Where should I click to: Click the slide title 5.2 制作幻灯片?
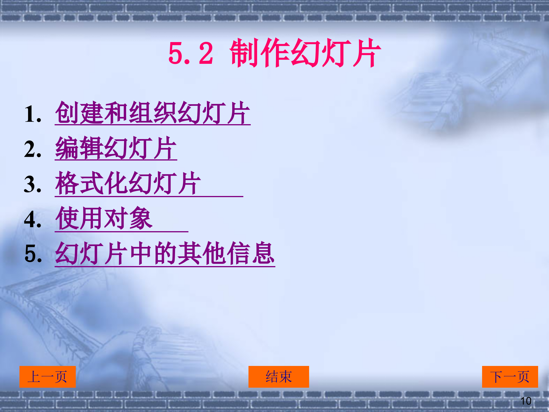coord(274,53)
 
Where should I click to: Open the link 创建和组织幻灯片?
coord(153,113)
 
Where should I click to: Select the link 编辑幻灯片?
coord(116,148)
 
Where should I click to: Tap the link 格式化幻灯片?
coord(128,183)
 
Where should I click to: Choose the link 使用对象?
coord(104,219)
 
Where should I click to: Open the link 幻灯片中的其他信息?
coord(165,253)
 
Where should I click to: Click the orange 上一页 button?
coord(47,377)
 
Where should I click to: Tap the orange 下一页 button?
coord(510,377)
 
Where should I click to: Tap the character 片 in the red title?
coord(367,53)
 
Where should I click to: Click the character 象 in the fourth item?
coord(140,219)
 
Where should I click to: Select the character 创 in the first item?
coord(66,113)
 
